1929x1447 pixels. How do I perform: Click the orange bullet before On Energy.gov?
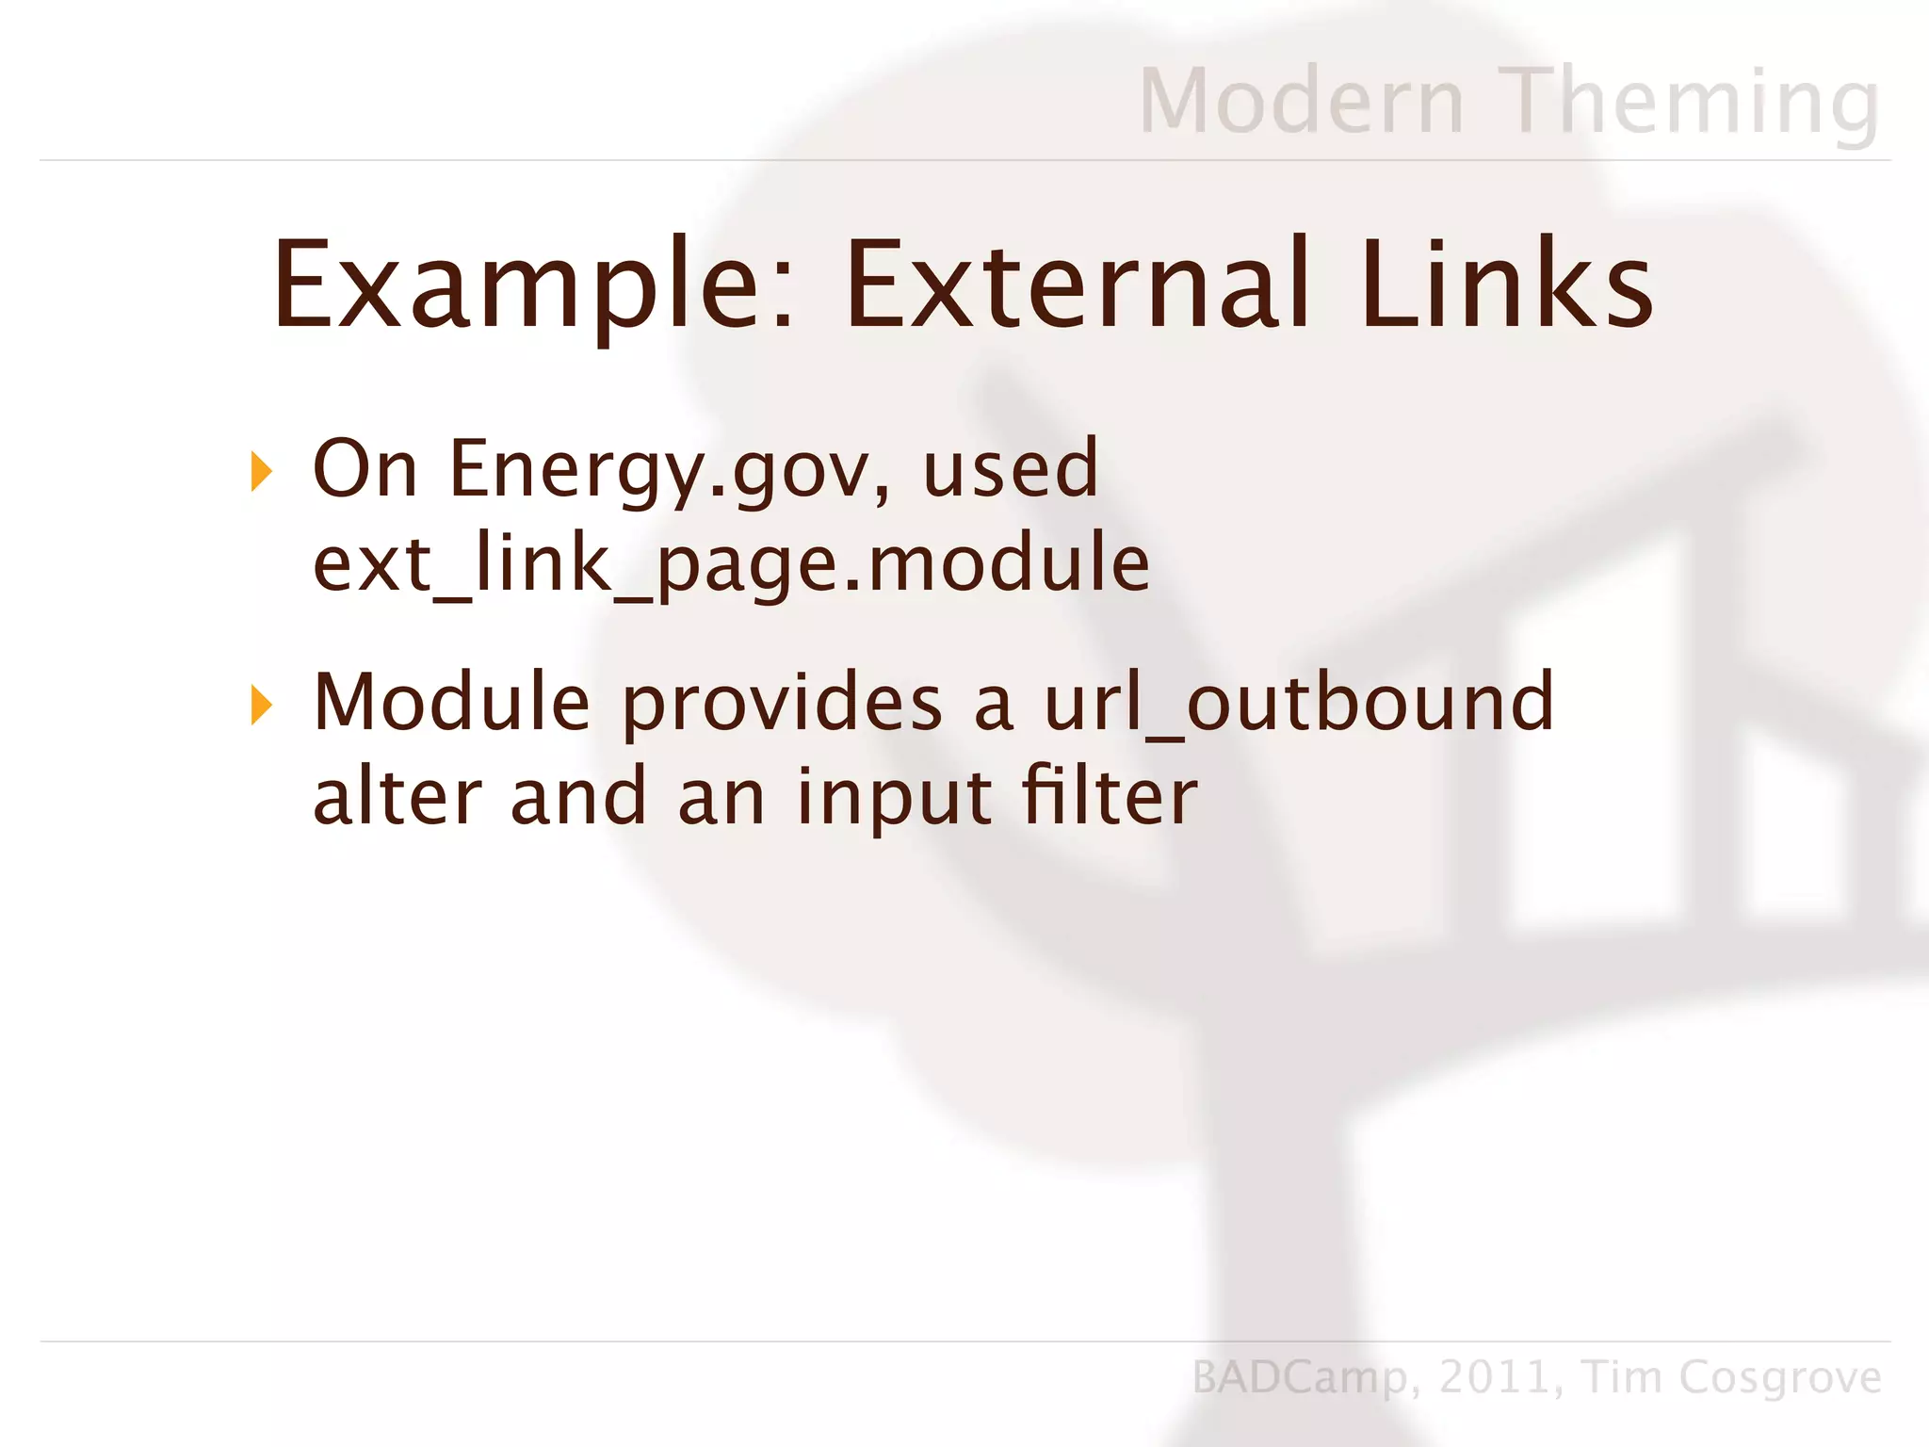click(x=261, y=471)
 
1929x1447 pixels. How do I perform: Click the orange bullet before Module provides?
click(x=261, y=706)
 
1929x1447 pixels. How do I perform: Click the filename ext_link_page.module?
click(x=731, y=564)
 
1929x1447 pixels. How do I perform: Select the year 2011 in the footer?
click(x=1496, y=1377)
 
